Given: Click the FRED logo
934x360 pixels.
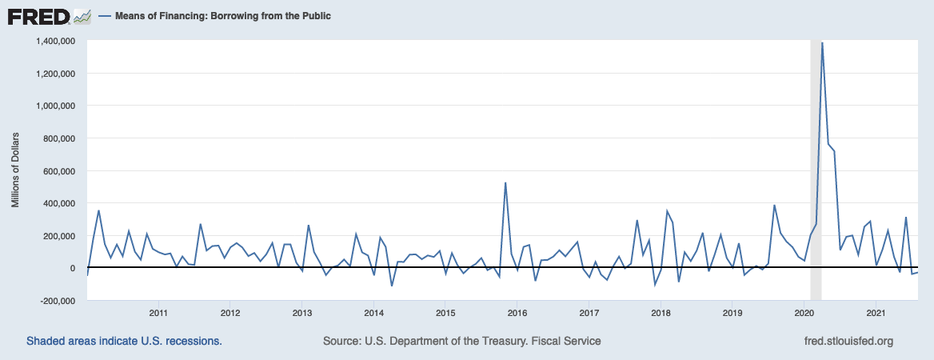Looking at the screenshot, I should coord(38,16).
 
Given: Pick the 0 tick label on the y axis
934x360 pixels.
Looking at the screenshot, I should coord(72,268).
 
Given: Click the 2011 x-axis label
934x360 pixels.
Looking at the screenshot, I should coord(158,312).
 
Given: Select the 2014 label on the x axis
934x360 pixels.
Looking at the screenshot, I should coord(373,312).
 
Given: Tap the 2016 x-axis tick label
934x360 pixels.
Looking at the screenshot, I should coord(517,312).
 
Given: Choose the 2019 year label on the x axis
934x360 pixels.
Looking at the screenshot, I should coord(732,312).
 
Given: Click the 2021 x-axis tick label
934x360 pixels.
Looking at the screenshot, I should coord(876,312).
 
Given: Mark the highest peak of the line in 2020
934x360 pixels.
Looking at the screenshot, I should coord(822,43).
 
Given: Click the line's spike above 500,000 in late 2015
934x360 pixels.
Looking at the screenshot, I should coord(505,183).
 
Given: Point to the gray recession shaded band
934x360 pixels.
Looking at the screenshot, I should coord(816,160).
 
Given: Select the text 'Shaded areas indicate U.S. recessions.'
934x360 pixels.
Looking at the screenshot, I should coord(124,342).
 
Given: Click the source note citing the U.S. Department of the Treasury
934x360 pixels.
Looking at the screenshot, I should coord(461,342).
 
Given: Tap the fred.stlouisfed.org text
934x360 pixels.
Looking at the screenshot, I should coord(847,342).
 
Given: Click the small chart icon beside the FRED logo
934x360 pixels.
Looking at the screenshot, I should coord(82,16).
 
